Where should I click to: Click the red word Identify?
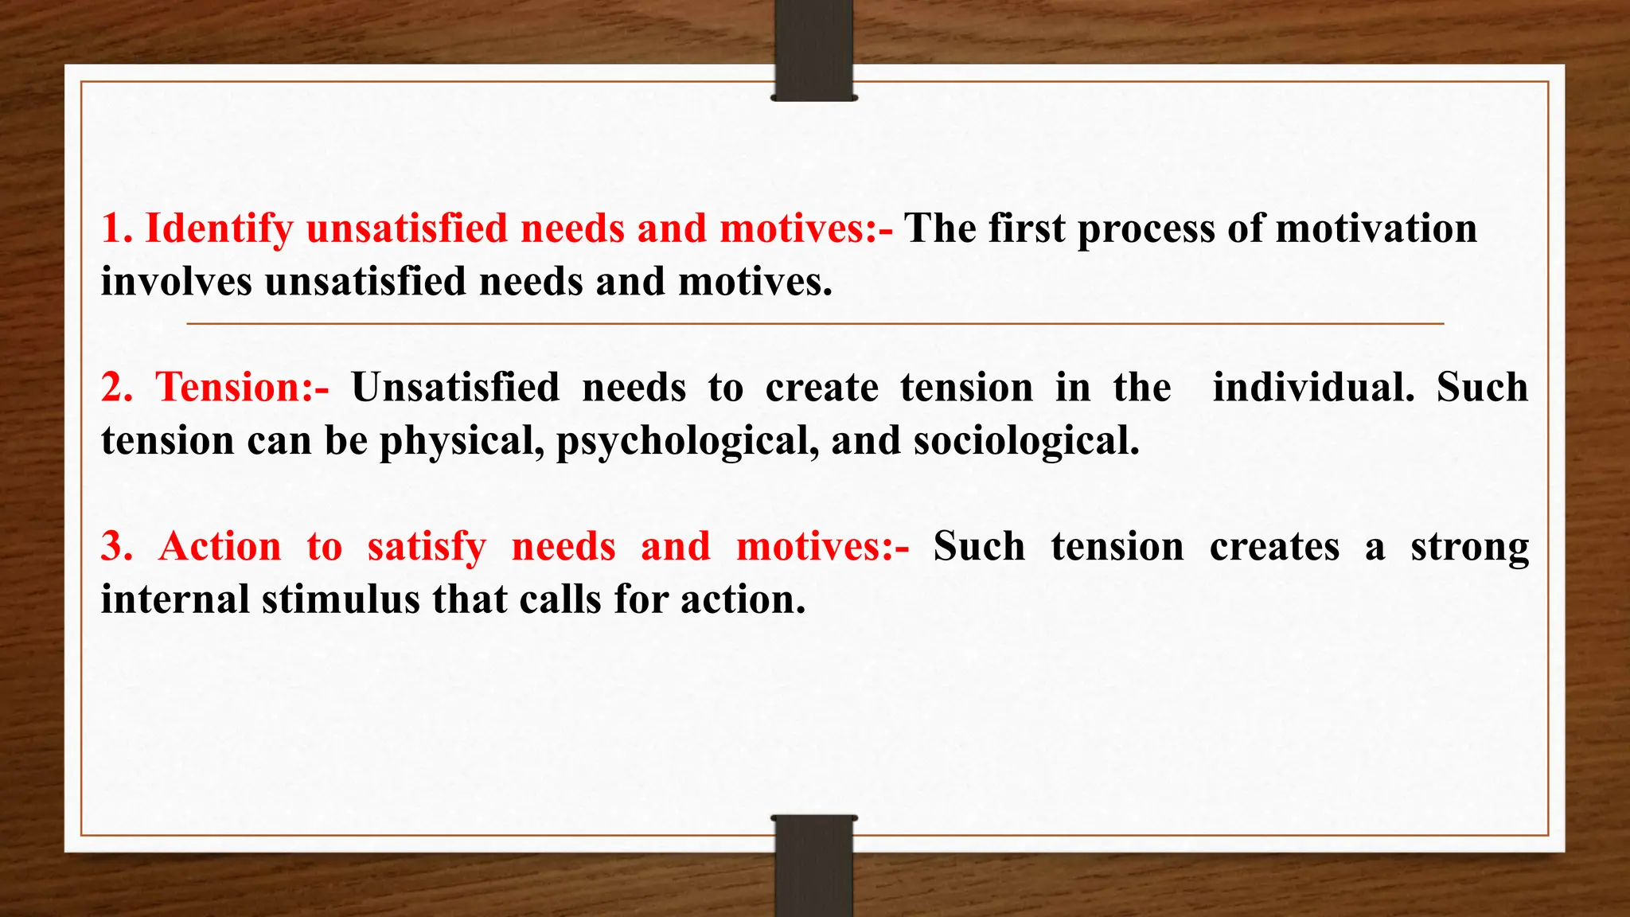click(219, 229)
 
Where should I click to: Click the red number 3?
click(116, 547)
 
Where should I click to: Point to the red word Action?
click(220, 547)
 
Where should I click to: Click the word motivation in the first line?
click(1376, 229)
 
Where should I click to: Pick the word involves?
click(176, 282)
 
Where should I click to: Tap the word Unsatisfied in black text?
click(455, 388)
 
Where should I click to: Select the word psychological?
click(688, 442)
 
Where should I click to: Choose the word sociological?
click(1027, 441)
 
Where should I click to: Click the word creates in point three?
click(1274, 547)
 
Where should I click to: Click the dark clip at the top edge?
click(813, 50)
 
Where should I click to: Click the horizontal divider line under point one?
click(815, 324)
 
